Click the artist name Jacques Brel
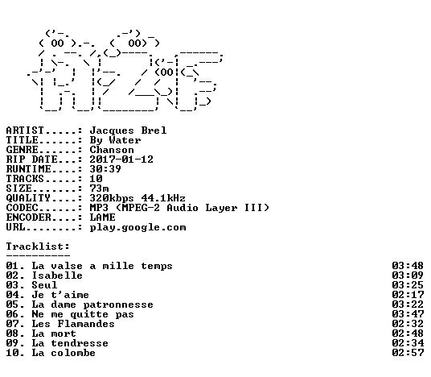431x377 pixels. pos(128,130)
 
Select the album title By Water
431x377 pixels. pos(115,140)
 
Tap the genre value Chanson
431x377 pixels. pos(112,150)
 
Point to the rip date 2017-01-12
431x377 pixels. pos(121,159)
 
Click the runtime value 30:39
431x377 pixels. pos(105,169)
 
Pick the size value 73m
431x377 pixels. pos(99,188)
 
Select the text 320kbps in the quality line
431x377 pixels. pos(112,198)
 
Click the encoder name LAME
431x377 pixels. pos(103,217)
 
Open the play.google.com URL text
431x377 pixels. pos(138,228)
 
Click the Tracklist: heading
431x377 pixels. pos(38,246)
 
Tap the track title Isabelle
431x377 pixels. pos(57,275)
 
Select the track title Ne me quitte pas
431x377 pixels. pos(83,314)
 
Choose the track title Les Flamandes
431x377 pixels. pos(73,324)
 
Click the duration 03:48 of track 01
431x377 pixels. pos(408,266)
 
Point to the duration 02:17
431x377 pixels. pos(408,295)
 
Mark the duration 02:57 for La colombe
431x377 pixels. pos(408,353)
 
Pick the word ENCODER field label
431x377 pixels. pos(28,217)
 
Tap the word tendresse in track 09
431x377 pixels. pos(80,343)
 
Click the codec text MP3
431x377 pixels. pos(99,208)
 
